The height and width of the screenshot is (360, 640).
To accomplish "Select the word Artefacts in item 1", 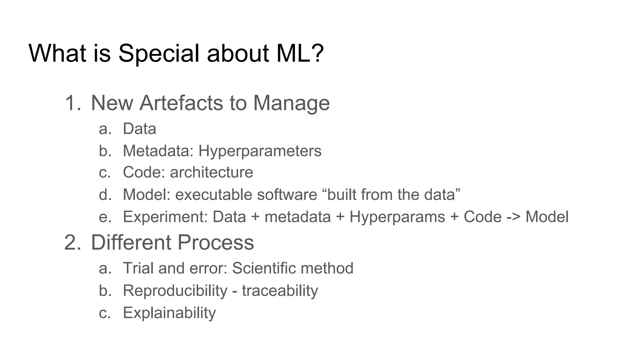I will coord(181,103).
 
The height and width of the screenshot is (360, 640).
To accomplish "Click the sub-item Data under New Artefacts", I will coord(139,129).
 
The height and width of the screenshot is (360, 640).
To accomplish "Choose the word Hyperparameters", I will coord(260,151).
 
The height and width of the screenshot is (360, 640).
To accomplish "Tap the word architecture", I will coord(211,172).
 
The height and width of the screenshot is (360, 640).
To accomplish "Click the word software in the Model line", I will coord(287,194).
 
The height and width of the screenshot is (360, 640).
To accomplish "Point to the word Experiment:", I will coord(165,217).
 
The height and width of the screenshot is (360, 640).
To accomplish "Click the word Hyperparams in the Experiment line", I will coord(397,217).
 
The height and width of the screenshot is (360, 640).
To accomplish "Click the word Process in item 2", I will coord(216,242).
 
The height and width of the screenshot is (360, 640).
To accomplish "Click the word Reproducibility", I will coord(175,291).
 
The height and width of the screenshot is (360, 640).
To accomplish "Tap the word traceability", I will coord(280,291).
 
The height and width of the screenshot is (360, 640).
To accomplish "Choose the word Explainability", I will coord(169,313).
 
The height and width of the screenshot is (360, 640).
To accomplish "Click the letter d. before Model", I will coord(105,194).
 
